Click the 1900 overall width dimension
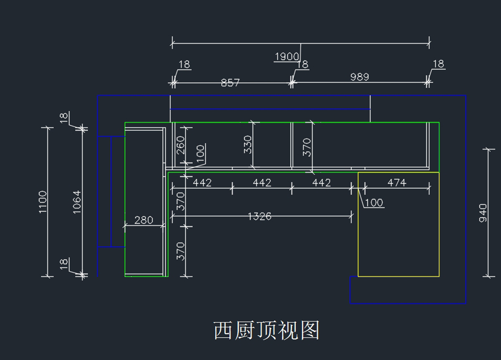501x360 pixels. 287,56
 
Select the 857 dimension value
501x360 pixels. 230,83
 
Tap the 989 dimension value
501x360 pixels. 359,77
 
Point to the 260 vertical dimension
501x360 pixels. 181,145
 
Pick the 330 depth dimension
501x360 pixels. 248,145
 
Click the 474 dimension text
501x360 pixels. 397,183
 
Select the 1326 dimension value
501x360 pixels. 260,216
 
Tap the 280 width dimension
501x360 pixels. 144,220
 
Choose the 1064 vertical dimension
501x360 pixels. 77,202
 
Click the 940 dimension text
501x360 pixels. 483,213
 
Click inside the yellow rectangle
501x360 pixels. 398,234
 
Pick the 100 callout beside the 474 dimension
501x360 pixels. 374,203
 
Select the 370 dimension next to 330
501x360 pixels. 307,147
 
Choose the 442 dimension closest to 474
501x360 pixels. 321,183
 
